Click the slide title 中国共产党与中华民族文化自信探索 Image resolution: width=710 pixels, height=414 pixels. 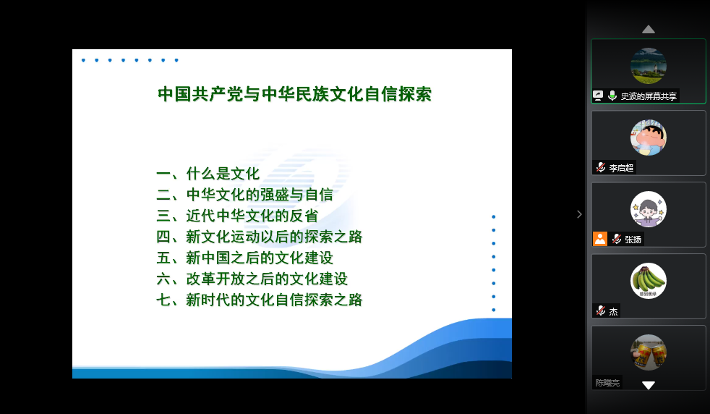click(x=295, y=94)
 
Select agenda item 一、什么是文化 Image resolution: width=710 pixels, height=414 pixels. click(x=208, y=174)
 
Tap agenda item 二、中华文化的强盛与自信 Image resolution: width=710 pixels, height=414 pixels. click(x=244, y=195)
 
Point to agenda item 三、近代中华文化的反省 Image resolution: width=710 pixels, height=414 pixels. click(x=237, y=216)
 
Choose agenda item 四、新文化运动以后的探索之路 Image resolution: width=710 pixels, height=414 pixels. click(x=260, y=237)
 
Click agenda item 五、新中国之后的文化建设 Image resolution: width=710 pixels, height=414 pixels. click(x=244, y=258)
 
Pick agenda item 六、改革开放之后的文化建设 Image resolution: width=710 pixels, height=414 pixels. click(x=252, y=279)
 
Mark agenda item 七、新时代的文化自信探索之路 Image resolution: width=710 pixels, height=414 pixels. click(x=260, y=300)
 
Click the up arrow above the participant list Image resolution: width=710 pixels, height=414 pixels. click(x=649, y=30)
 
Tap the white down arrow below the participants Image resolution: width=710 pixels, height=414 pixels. click(x=649, y=386)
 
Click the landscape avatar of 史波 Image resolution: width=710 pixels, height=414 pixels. click(x=649, y=66)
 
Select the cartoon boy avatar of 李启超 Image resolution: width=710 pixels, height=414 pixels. click(x=649, y=138)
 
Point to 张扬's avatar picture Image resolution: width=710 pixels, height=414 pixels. click(x=649, y=209)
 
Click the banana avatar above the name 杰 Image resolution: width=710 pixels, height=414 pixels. click(x=649, y=281)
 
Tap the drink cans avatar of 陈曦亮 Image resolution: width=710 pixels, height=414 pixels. click(x=649, y=352)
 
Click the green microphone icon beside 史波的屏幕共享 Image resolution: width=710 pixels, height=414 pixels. click(x=612, y=96)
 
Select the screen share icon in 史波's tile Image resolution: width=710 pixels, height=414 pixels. click(x=598, y=96)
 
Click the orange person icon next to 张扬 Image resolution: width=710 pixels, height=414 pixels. click(x=600, y=239)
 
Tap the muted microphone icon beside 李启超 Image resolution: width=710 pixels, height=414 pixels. click(x=600, y=167)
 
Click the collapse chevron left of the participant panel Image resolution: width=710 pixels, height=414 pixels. click(x=579, y=214)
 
